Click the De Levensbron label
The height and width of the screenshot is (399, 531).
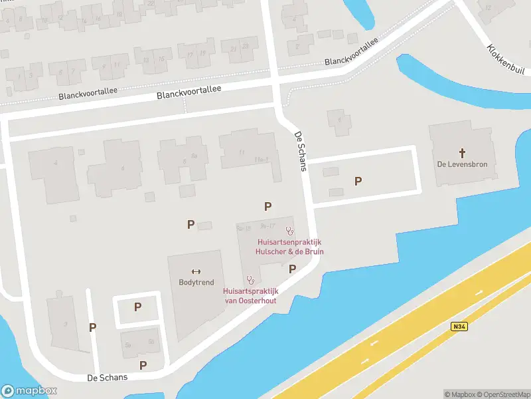[463, 164]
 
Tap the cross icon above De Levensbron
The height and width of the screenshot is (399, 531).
[463, 152]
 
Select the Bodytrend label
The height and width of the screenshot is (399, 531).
[196, 283]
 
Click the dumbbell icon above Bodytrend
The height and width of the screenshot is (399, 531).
[196, 271]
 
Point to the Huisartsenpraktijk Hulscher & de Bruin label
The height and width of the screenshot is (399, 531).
[291, 247]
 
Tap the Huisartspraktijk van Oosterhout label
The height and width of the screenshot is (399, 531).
[250, 295]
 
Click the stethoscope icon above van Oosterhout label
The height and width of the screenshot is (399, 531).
[250, 280]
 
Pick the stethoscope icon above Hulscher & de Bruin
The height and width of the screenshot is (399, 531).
[289, 231]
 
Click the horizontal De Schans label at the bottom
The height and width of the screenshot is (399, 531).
[107, 377]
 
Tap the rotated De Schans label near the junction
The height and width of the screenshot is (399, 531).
[300, 151]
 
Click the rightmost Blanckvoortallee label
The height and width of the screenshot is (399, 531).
[351, 51]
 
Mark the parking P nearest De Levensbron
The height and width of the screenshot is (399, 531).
[358, 181]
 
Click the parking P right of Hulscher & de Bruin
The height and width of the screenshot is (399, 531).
[292, 269]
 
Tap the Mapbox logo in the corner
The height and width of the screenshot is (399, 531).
[29, 391]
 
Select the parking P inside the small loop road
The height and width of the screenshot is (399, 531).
[138, 307]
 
